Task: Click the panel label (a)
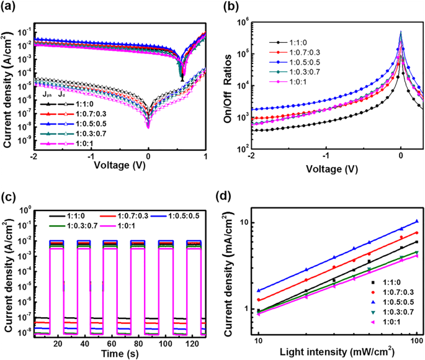11,7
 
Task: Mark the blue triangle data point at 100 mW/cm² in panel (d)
416,222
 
